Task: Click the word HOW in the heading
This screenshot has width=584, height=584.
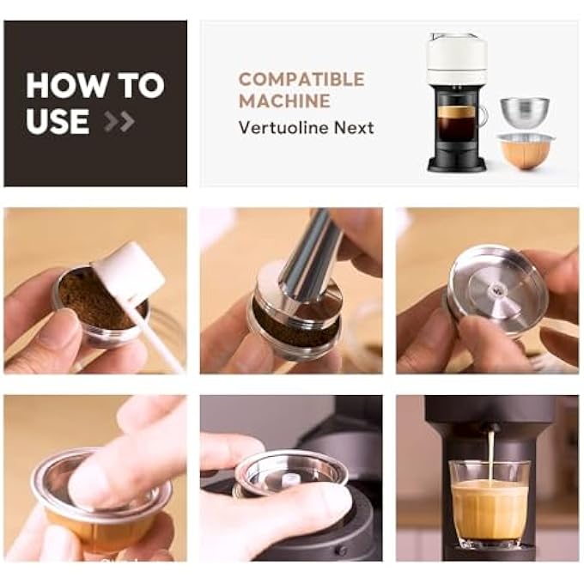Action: pyautogui.click(x=66, y=85)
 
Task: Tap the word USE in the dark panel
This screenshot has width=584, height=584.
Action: pyautogui.click(x=58, y=121)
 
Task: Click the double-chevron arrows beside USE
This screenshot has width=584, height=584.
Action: pyautogui.click(x=119, y=121)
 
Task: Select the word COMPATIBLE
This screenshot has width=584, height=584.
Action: pyautogui.click(x=301, y=79)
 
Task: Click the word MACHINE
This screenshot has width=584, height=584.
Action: pyautogui.click(x=284, y=101)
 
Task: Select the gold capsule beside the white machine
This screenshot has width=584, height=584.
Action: pyautogui.click(x=526, y=152)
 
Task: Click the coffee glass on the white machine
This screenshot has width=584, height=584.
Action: pyautogui.click(x=459, y=123)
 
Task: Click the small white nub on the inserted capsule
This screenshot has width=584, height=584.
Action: pyautogui.click(x=289, y=478)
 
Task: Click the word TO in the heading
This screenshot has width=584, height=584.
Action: pyautogui.click(x=141, y=85)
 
